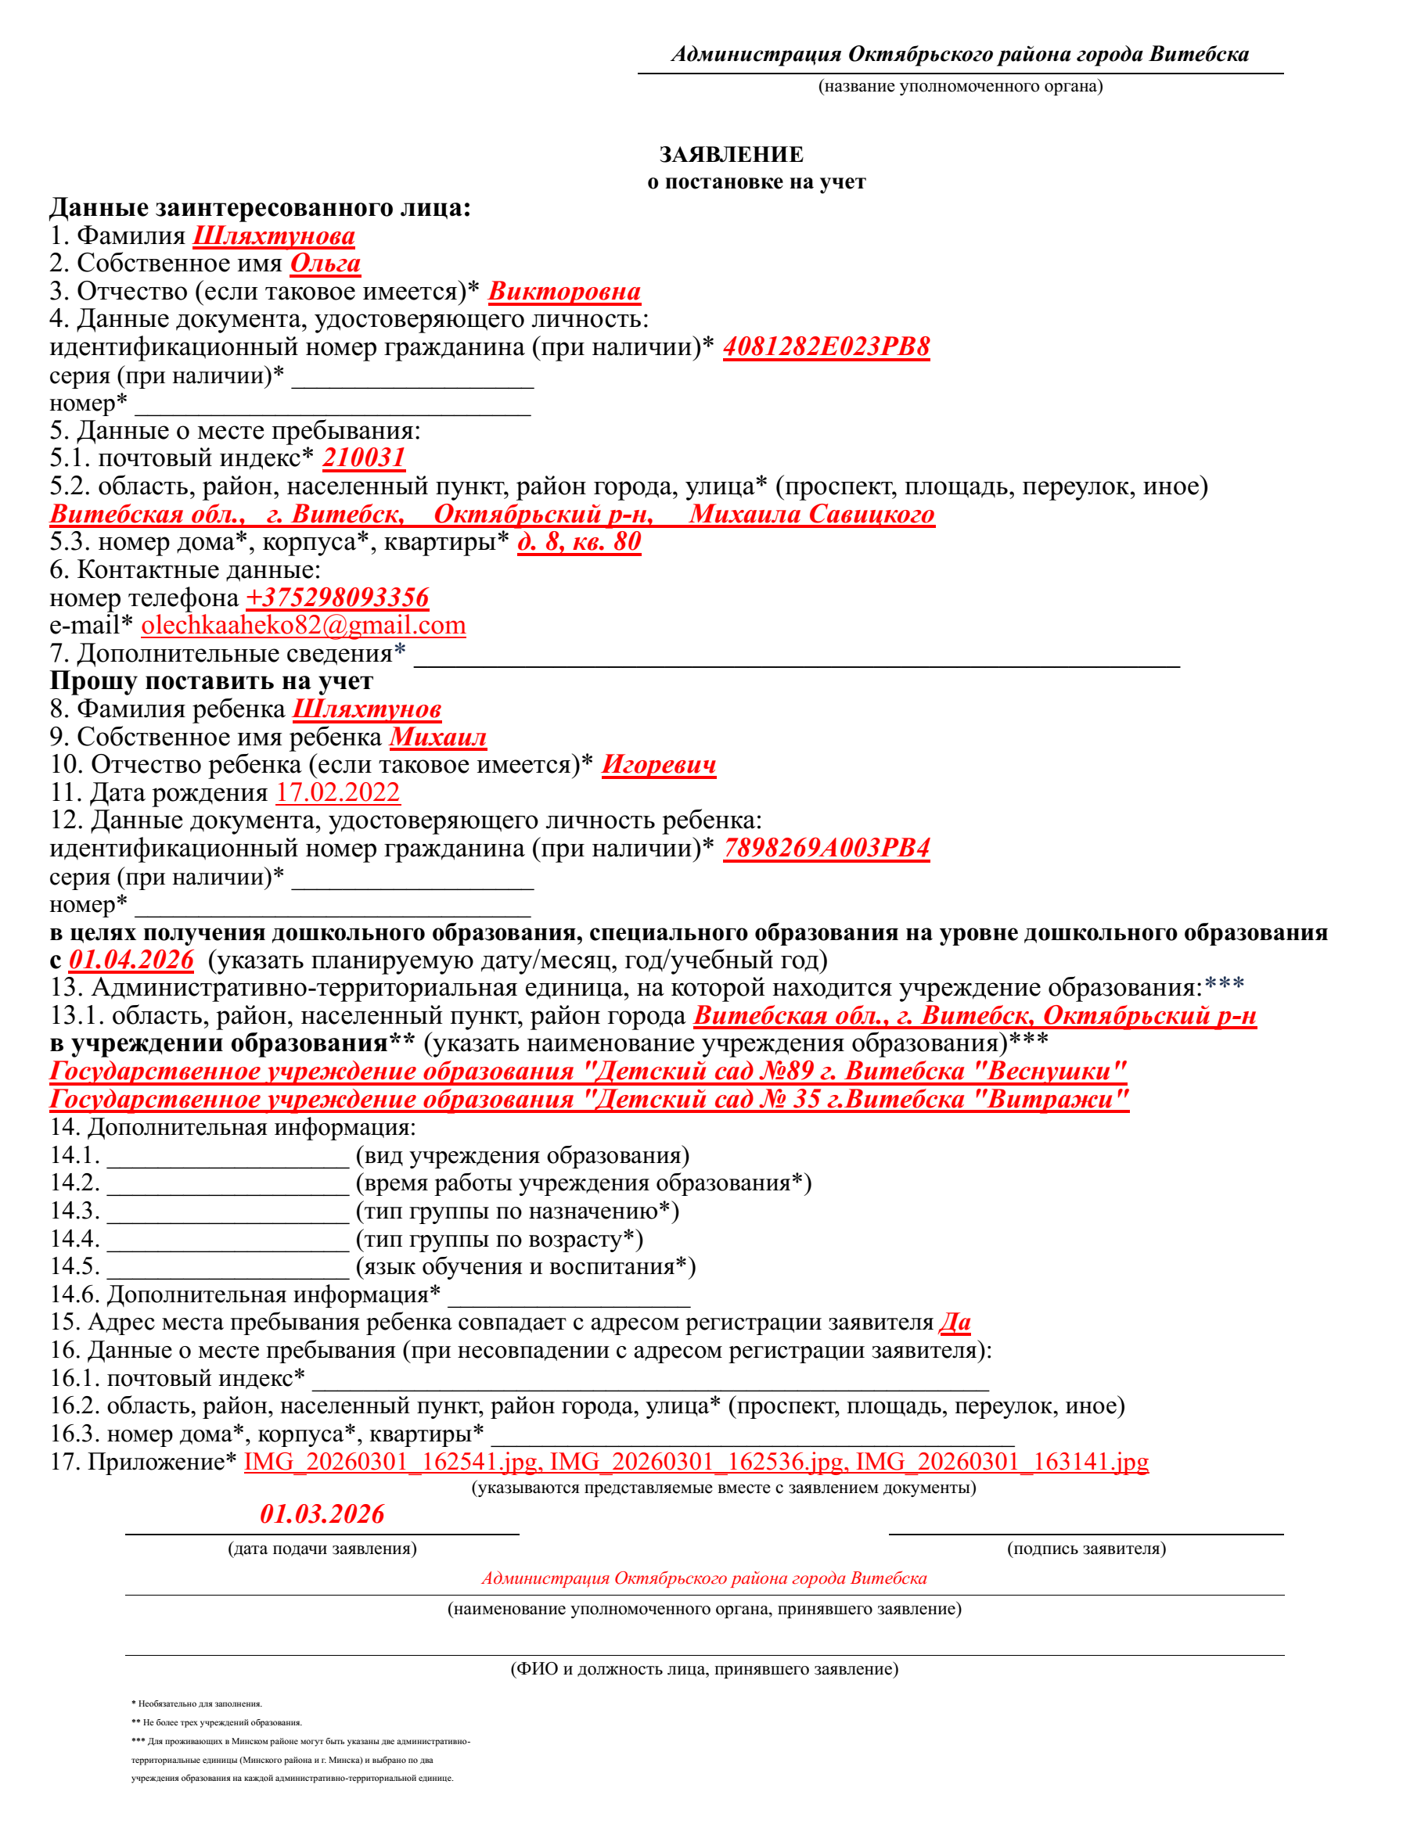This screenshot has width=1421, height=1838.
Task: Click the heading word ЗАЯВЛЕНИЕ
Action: tap(731, 155)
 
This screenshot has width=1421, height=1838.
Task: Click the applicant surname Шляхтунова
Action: tap(274, 235)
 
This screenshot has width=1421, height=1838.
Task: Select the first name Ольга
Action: tap(325, 264)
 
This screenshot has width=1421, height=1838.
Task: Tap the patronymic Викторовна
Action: tap(564, 291)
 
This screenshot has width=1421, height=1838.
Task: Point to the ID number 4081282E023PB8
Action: tap(826, 346)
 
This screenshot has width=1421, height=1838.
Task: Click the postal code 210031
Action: tap(364, 458)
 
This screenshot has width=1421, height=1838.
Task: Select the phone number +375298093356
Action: tap(336, 598)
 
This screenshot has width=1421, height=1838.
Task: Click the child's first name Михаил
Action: tap(437, 738)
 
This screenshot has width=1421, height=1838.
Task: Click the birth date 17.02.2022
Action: tap(337, 793)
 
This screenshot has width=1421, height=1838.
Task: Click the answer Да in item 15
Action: tap(955, 1322)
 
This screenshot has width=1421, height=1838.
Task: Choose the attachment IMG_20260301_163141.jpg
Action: tap(1002, 1462)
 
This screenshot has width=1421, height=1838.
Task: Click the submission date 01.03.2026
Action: tap(322, 1514)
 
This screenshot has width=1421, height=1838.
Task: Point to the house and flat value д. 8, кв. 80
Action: tap(579, 542)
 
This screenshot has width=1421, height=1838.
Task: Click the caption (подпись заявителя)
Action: tap(1086, 1549)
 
